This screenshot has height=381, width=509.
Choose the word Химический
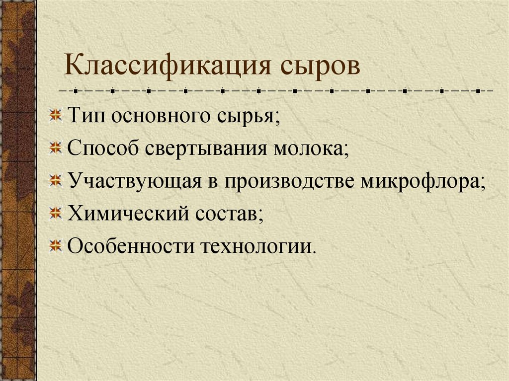[128, 214]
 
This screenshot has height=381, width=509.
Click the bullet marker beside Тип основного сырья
[56, 116]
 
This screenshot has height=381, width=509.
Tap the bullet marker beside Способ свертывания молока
[56, 148]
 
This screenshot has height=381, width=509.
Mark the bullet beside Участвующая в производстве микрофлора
[56, 180]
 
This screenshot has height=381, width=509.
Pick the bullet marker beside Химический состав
[56, 213]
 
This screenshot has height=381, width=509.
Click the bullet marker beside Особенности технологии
[56, 245]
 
